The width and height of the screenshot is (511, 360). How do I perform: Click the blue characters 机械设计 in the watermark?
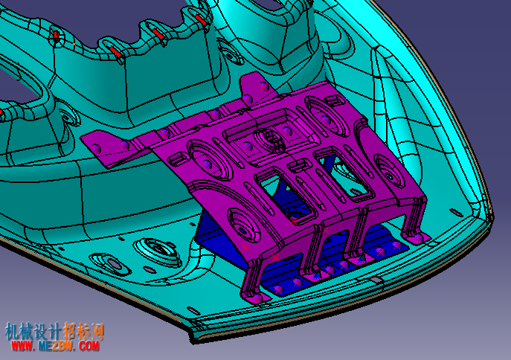pos(33,331)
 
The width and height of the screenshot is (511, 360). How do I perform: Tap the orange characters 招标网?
pos(83,331)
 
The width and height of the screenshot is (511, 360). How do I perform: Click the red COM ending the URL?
pos(89,346)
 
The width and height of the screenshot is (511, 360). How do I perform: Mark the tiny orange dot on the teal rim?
pos(74,44)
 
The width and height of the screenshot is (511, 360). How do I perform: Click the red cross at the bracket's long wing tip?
pos(94,150)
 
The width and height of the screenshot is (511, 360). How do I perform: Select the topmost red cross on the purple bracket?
pos(263,87)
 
